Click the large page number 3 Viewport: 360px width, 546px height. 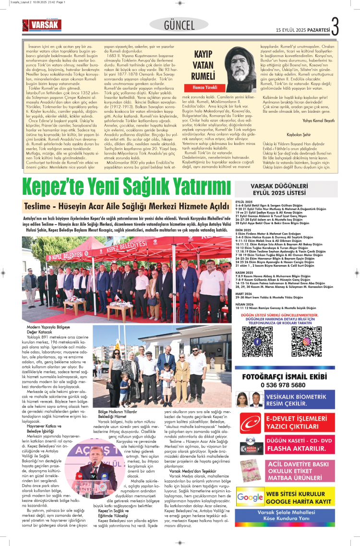(x=335, y=26)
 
